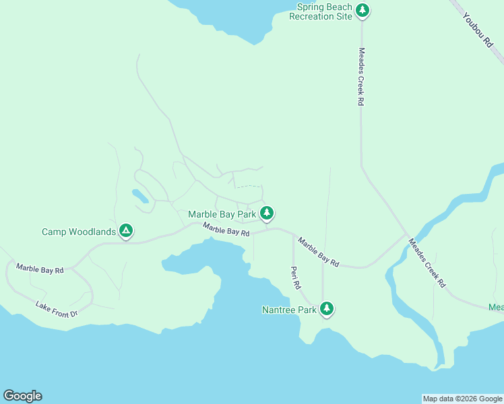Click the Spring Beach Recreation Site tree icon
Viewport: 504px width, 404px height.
[x=363, y=10]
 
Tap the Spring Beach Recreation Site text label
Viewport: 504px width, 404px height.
[x=321, y=11]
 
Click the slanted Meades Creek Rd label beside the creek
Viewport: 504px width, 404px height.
[x=427, y=262]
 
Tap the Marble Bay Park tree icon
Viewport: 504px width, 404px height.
[x=267, y=213]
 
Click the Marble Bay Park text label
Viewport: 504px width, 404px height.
[x=222, y=214]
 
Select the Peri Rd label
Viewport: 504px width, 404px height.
[x=295, y=277]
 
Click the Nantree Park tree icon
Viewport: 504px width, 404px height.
[x=327, y=309]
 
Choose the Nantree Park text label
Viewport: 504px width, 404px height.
[x=289, y=310]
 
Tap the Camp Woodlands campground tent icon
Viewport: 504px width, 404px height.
[x=125, y=231]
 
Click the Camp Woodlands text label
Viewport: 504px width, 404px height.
[x=79, y=232]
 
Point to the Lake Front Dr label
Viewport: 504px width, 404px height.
[x=57, y=309]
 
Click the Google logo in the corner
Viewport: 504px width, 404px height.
[x=22, y=396]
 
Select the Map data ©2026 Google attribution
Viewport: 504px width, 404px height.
[x=462, y=399]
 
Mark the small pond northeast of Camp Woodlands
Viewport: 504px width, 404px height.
[x=140, y=196]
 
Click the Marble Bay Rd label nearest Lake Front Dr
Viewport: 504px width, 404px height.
[x=40, y=269]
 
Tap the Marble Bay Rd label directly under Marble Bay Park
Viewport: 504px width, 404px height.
[x=226, y=230]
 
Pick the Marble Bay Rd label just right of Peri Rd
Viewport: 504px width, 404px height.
[x=319, y=252]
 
